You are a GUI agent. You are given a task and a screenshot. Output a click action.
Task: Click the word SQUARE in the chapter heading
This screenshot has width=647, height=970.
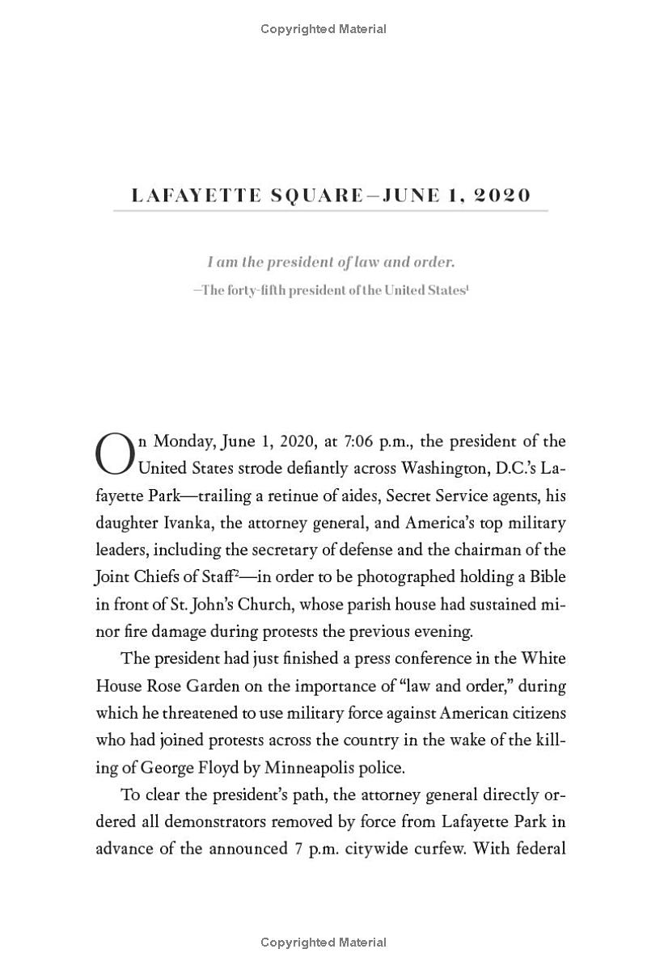pos(315,196)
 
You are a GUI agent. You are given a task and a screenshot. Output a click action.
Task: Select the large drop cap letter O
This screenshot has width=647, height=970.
pos(113,454)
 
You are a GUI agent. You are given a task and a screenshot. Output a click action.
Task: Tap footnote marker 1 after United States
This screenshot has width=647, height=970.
pos(467,287)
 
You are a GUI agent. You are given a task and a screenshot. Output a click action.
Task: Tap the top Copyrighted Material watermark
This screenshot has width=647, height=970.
pos(323,29)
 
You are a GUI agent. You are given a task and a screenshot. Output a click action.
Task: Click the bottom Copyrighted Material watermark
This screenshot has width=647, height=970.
pos(323,943)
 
